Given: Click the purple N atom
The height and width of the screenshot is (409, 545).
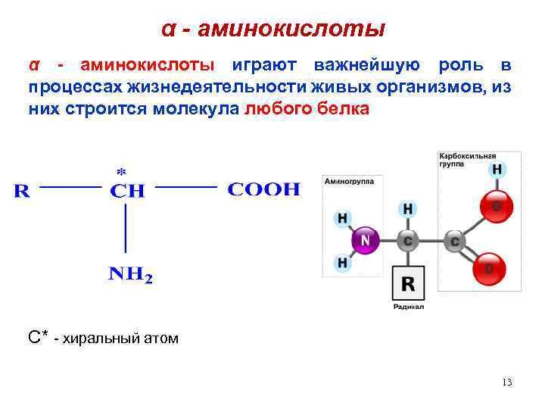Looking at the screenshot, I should (366, 241).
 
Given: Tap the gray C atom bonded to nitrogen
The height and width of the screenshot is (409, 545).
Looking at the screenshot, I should (408, 241).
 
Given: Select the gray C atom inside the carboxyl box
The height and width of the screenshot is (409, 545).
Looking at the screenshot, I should (455, 241).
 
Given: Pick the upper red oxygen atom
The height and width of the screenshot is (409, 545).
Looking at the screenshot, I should (497, 205).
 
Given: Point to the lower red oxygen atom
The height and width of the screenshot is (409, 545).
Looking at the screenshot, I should (490, 269).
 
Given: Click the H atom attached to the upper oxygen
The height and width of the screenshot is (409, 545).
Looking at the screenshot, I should (497, 169).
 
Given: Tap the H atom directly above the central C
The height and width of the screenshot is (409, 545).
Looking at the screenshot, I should (408, 208).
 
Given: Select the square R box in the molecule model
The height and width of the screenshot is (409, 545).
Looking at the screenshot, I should (408, 284).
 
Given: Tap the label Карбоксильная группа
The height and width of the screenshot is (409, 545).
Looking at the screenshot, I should (465, 160).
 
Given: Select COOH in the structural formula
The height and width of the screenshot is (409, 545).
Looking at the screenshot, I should (263, 189).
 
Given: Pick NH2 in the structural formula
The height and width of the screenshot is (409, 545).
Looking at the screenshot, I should (130, 275).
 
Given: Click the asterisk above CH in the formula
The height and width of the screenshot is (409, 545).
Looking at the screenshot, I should (121, 171).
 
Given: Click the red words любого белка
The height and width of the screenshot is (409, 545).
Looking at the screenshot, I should (307, 109).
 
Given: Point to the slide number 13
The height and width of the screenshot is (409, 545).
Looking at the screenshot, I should (506, 382).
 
